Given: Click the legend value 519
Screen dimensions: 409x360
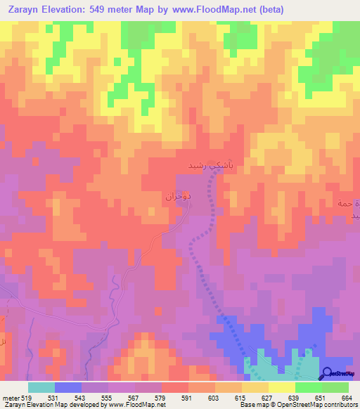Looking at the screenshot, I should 27,397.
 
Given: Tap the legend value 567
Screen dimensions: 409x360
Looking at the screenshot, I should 134,397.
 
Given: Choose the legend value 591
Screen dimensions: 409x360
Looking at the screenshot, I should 188,397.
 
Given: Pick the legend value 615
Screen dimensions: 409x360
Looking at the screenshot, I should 241,397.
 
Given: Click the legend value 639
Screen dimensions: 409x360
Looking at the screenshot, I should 295,397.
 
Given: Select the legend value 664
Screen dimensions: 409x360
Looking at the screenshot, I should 348,397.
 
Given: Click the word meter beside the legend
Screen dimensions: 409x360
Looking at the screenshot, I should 10,397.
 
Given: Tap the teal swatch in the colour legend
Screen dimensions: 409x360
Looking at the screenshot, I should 41,387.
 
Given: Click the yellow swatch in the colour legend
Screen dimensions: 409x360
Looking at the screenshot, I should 281,387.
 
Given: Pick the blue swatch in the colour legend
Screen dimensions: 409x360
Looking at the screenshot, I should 67,387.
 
